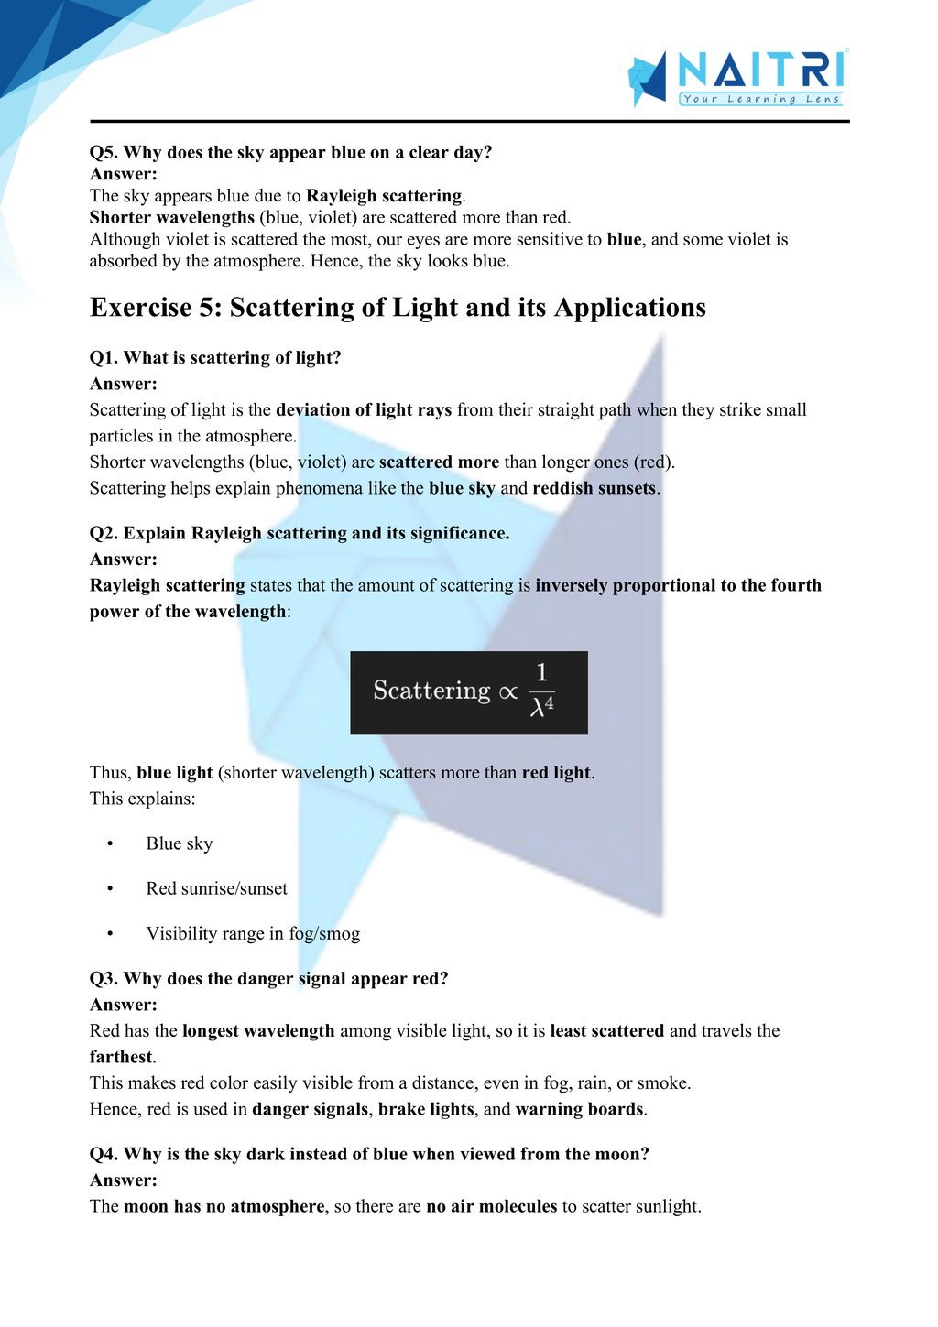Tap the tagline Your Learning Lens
click(760, 99)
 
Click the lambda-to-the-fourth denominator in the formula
click(542, 707)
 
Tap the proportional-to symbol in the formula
click(507, 692)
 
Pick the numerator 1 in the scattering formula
click(541, 673)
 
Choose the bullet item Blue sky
click(180, 843)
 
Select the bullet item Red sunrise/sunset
click(216, 888)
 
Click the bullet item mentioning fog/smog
click(253, 933)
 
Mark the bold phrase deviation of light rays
click(364, 409)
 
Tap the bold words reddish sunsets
click(594, 488)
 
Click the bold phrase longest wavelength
click(258, 1030)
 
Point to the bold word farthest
click(121, 1057)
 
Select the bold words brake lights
click(426, 1109)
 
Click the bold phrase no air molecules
click(492, 1206)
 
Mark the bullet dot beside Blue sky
click(110, 843)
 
